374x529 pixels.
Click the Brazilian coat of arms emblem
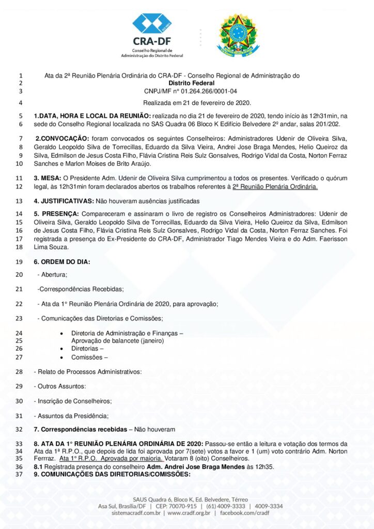(x=238, y=35)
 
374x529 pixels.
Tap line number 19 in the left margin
(x=19, y=262)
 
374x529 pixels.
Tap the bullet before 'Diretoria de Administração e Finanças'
(x=62, y=334)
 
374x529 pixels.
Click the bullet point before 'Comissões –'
(x=62, y=357)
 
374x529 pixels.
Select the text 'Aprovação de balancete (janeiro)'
(x=117, y=341)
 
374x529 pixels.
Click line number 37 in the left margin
(x=19, y=474)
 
